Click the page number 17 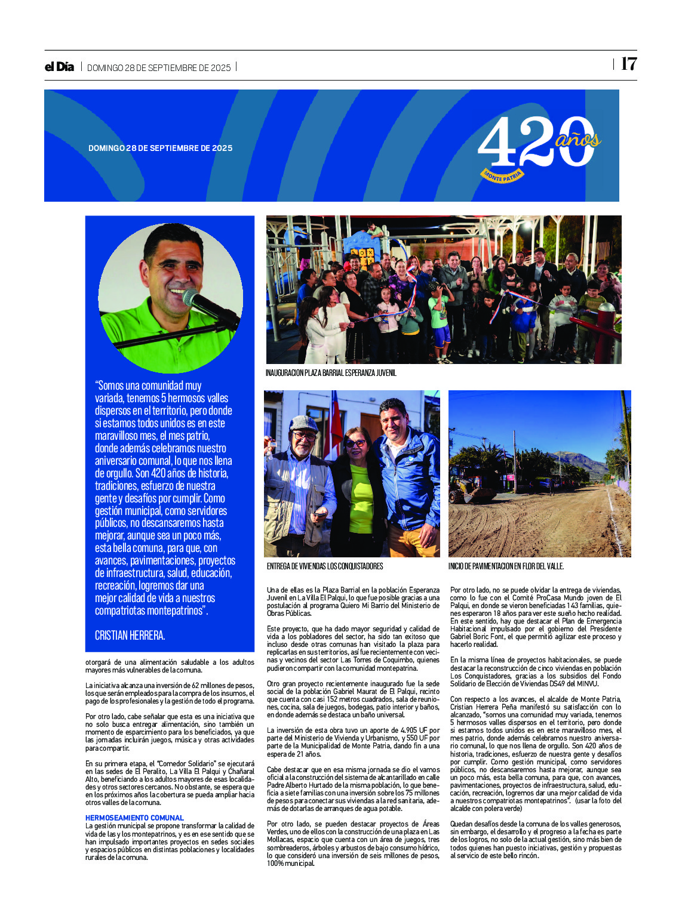pos(629,64)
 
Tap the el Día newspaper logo pos(59,67)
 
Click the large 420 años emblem pos(537,143)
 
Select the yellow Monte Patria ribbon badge pos(503,175)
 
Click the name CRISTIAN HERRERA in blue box pos(130,636)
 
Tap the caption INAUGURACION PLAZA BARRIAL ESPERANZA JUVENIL pos(331,373)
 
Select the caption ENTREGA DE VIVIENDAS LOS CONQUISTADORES pos(324,566)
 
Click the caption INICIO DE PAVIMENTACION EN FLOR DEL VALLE pos(506,566)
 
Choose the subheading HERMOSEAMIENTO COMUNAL pos(134,818)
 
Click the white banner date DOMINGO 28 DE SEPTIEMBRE pos(160,148)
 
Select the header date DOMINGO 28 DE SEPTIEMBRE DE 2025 pos(159,68)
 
